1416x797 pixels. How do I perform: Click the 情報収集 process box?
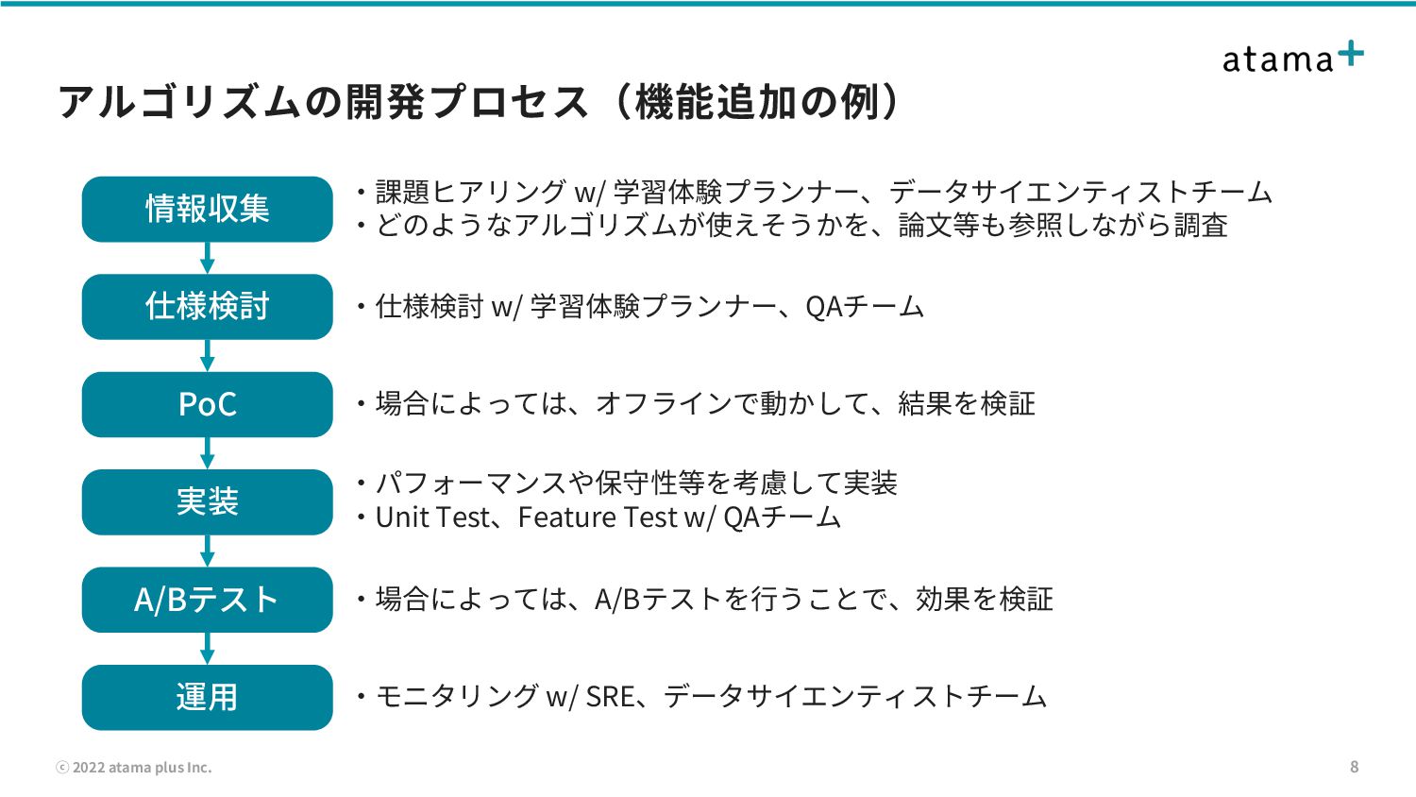pos(207,209)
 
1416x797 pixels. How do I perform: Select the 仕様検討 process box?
pos(207,307)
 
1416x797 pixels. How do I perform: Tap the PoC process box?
pos(207,404)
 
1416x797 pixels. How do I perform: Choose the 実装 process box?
pos(207,501)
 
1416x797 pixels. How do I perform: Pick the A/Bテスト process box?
pos(207,600)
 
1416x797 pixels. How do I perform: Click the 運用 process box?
pos(207,697)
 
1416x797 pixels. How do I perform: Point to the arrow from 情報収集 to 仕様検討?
pos(208,258)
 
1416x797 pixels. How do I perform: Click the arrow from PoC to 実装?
pos(208,453)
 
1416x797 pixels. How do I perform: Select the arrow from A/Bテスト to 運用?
pos(208,649)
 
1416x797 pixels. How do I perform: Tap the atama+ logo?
pos(1291,58)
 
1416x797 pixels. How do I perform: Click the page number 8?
pos(1354,767)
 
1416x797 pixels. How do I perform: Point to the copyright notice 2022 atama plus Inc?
pos(134,768)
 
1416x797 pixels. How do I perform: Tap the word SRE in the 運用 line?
pos(610,697)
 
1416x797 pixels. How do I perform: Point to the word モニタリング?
pos(457,697)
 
